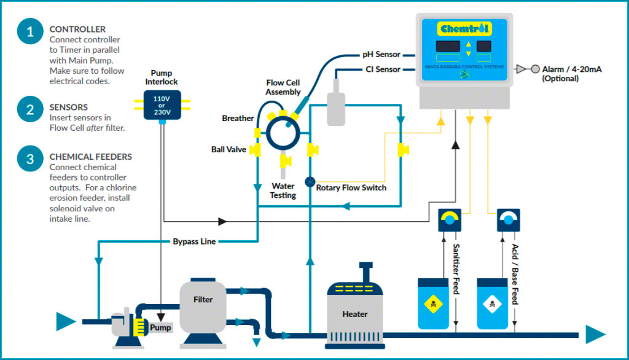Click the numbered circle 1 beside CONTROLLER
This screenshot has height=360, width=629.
click(29, 33)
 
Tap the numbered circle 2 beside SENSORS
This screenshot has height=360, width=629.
click(29, 110)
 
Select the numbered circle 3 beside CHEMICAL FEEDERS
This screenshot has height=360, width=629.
click(29, 160)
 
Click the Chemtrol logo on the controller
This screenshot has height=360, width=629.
click(465, 28)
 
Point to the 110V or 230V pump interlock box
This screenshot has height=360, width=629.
click(162, 104)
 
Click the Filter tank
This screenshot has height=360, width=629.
click(203, 299)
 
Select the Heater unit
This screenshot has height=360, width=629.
click(355, 313)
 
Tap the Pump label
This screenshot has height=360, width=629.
click(161, 327)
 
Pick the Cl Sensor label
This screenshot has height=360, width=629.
click(382, 69)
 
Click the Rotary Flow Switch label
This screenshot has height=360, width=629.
click(351, 187)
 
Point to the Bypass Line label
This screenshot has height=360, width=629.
click(194, 241)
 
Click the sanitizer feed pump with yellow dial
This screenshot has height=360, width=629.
click(449, 220)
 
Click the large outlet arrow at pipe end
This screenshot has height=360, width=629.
click(594, 334)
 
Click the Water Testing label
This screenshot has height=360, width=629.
click(283, 190)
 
